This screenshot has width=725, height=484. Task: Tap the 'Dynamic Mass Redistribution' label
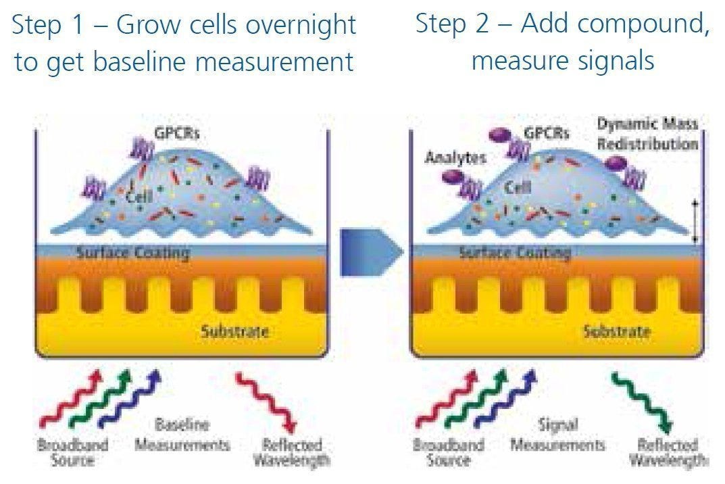point(647,134)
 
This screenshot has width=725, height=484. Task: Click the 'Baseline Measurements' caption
point(182,435)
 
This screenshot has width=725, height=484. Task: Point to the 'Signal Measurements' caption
point(557,435)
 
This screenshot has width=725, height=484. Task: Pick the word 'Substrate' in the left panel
point(234,331)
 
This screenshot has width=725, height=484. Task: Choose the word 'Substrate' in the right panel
point(616,331)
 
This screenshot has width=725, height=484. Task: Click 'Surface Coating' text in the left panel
point(132,253)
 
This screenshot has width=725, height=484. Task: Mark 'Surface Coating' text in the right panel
point(515,253)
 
